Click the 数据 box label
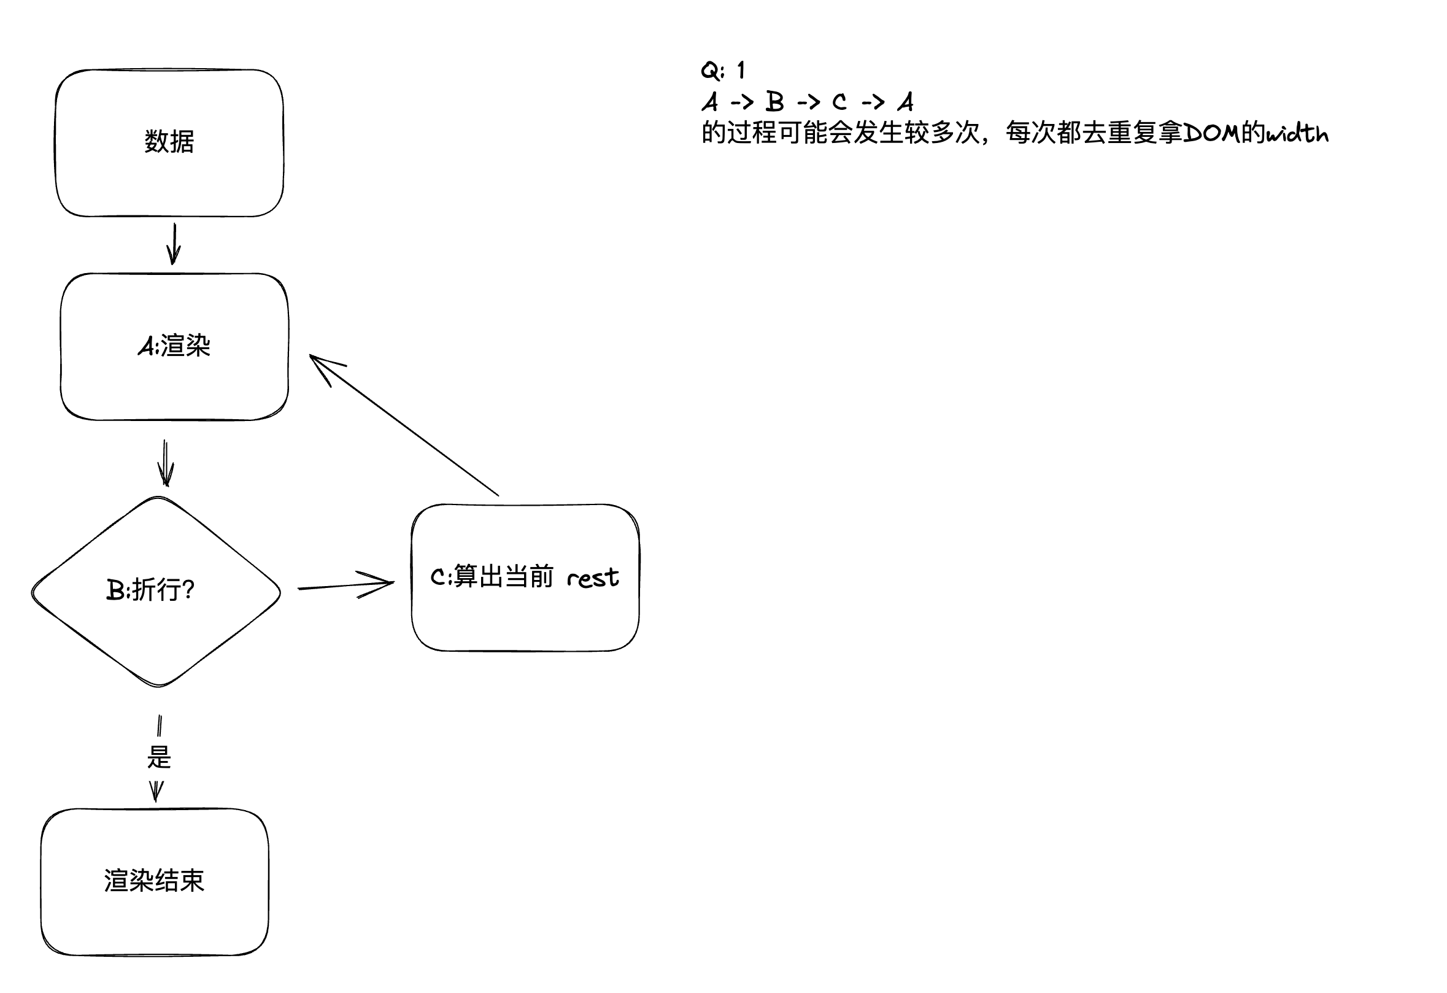169,141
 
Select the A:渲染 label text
174,346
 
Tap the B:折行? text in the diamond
150,589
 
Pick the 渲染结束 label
154,880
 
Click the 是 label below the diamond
159,757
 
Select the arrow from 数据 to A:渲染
174,244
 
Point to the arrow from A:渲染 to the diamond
165,463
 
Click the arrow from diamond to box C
345,585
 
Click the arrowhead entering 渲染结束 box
156,792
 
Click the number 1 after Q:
740,70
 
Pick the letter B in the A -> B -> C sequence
774,101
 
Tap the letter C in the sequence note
839,101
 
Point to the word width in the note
1297,133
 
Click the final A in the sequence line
905,101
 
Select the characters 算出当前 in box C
504,576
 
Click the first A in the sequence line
710,101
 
